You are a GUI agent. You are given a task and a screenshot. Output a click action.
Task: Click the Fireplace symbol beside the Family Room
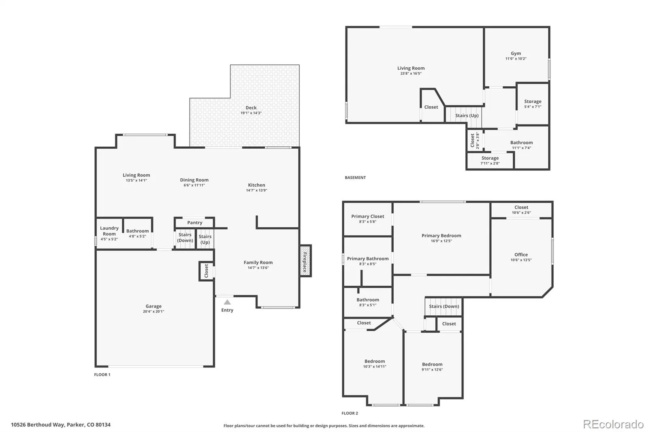(x=305, y=261)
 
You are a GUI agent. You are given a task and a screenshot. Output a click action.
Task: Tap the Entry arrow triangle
(x=227, y=302)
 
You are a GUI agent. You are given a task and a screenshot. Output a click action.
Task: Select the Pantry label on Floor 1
(x=195, y=222)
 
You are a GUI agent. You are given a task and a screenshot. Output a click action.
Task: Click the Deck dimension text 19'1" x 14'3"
(x=251, y=113)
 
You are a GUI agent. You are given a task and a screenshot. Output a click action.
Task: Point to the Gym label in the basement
(x=516, y=53)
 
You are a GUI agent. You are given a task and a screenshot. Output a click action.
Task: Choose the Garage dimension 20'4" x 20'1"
(x=153, y=312)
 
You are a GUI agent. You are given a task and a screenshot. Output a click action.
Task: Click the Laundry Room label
(x=109, y=231)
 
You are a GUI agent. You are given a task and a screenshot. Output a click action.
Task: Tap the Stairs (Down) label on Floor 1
(x=185, y=237)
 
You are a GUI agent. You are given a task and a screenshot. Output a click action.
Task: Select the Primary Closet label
(x=368, y=216)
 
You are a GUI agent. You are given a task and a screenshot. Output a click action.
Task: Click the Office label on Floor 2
(x=521, y=254)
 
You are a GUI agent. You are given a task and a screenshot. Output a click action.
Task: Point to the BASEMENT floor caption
(x=355, y=178)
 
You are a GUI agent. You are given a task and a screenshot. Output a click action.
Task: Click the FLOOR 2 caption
(x=350, y=413)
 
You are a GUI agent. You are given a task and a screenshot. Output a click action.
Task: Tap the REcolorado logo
(x=613, y=424)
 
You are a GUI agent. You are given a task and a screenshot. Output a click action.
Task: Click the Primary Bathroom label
(x=368, y=259)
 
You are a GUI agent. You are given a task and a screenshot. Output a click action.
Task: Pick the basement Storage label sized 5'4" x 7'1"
(x=533, y=101)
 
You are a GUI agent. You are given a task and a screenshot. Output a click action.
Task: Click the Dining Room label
(x=194, y=180)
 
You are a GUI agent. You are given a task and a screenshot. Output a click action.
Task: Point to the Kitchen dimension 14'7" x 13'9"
(x=257, y=190)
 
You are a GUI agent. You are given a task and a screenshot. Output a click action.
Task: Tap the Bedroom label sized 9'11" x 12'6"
(x=432, y=364)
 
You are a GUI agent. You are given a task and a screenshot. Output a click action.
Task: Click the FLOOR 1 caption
(x=102, y=375)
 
